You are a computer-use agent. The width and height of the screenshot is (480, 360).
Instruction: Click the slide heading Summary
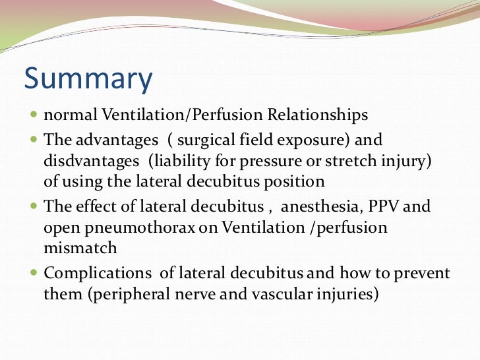(88, 80)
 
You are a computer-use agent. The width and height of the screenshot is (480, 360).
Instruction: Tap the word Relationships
(318, 115)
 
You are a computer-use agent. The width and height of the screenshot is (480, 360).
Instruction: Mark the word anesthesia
(321, 206)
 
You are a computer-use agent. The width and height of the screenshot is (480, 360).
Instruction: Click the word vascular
(281, 294)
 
